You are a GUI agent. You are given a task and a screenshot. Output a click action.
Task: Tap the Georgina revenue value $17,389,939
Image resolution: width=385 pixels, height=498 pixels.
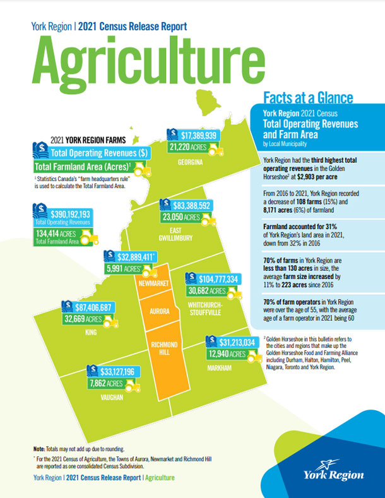pos(198,135)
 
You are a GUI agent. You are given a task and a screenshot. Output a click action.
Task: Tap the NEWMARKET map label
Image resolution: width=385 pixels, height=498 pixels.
pos(153,283)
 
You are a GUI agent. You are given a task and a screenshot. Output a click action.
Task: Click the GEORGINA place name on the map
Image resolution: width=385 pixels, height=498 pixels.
pos(190,162)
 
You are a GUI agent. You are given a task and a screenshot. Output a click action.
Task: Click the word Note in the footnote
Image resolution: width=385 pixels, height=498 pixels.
pos(39,447)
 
